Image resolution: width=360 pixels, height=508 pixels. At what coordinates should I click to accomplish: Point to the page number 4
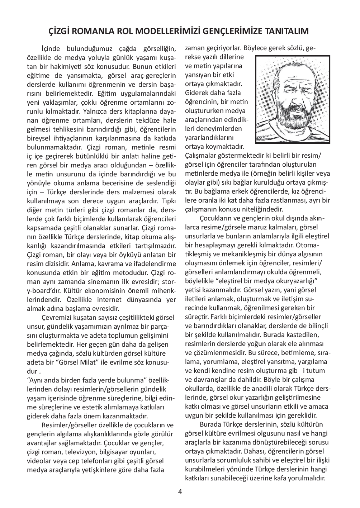[x=180, y=492]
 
